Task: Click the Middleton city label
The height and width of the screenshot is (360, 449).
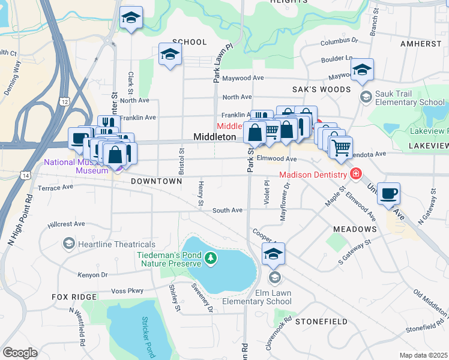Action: click(214, 137)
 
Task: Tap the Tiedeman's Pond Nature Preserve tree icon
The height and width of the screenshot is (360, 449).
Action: click(210, 258)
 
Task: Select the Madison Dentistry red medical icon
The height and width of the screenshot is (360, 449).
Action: click(356, 174)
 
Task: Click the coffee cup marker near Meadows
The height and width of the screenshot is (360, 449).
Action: click(388, 193)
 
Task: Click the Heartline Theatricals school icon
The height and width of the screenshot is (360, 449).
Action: click(69, 244)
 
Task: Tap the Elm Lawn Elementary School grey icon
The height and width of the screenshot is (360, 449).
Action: click(274, 277)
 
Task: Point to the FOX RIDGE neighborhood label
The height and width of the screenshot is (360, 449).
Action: click(74, 297)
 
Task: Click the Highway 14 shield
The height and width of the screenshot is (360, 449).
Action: click(25, 175)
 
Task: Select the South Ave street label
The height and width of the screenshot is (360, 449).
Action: click(227, 210)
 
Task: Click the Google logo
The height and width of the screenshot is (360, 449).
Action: click(20, 353)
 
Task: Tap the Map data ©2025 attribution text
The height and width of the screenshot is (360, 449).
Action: click(423, 355)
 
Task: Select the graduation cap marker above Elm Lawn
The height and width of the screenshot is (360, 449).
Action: click(274, 253)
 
